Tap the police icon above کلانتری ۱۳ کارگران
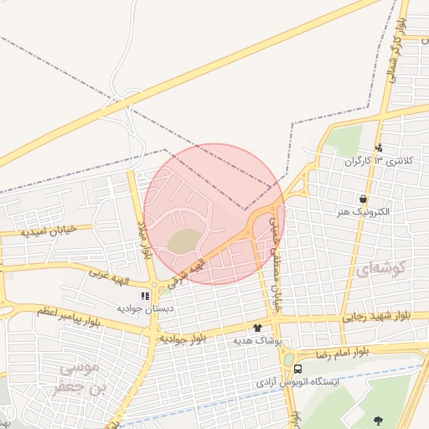tap(379, 147)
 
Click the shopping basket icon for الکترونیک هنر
tap(363, 199)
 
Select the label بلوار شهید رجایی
tap(377, 317)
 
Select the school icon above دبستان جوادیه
tap(145, 295)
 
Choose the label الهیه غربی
tap(112, 274)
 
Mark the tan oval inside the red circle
tap(184, 241)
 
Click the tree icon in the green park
tap(377, 421)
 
